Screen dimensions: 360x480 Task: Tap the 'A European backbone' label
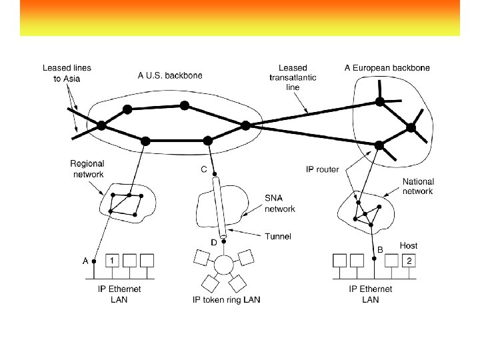387,67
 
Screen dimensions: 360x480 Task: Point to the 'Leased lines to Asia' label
67,73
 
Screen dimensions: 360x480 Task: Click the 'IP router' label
322,169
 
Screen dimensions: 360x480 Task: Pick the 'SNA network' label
280,203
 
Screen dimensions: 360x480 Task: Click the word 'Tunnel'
278,236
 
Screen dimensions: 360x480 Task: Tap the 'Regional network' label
87,169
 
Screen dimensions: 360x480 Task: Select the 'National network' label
418,186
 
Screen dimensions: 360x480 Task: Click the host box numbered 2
409,260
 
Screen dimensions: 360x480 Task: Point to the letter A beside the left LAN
85,261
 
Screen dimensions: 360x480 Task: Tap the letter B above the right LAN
380,249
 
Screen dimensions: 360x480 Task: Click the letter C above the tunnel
205,169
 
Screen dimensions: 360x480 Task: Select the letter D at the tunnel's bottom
215,242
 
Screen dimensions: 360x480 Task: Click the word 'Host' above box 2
408,246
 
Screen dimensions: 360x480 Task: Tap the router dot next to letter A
95,261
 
